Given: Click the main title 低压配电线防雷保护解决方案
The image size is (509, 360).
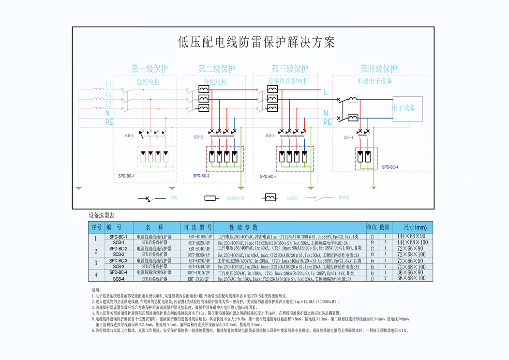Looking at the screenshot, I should [x=256, y=42].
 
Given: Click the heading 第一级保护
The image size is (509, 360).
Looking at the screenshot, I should [x=150, y=69].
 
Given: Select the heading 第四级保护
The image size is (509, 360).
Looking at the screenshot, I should [x=378, y=69].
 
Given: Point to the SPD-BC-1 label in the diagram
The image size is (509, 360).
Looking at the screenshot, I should [x=126, y=176].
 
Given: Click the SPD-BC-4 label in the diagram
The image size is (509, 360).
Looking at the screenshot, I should [x=390, y=167].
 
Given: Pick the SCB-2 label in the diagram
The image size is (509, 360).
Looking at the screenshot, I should [x=198, y=137].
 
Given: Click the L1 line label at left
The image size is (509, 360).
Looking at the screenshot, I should [x=108, y=84].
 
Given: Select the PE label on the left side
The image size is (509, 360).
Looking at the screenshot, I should [x=109, y=123].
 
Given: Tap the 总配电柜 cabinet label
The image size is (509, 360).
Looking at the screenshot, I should [x=148, y=82].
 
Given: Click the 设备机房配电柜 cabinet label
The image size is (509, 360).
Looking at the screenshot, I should [x=288, y=81].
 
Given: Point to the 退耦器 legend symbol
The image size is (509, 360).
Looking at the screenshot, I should [x=269, y=197].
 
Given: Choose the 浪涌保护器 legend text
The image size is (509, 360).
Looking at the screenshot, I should [x=236, y=198].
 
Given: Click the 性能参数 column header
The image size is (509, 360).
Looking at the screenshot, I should [x=244, y=227].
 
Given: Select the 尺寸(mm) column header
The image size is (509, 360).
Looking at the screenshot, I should [x=411, y=227].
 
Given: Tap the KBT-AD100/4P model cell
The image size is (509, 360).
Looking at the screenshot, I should [x=195, y=237].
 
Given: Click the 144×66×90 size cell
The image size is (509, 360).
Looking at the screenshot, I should [x=411, y=237].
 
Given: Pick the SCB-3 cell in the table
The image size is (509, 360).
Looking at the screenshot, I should [x=119, y=267].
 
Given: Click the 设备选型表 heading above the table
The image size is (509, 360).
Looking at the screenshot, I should [x=102, y=215].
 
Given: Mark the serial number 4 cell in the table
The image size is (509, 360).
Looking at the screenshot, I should [x=96, y=275].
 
